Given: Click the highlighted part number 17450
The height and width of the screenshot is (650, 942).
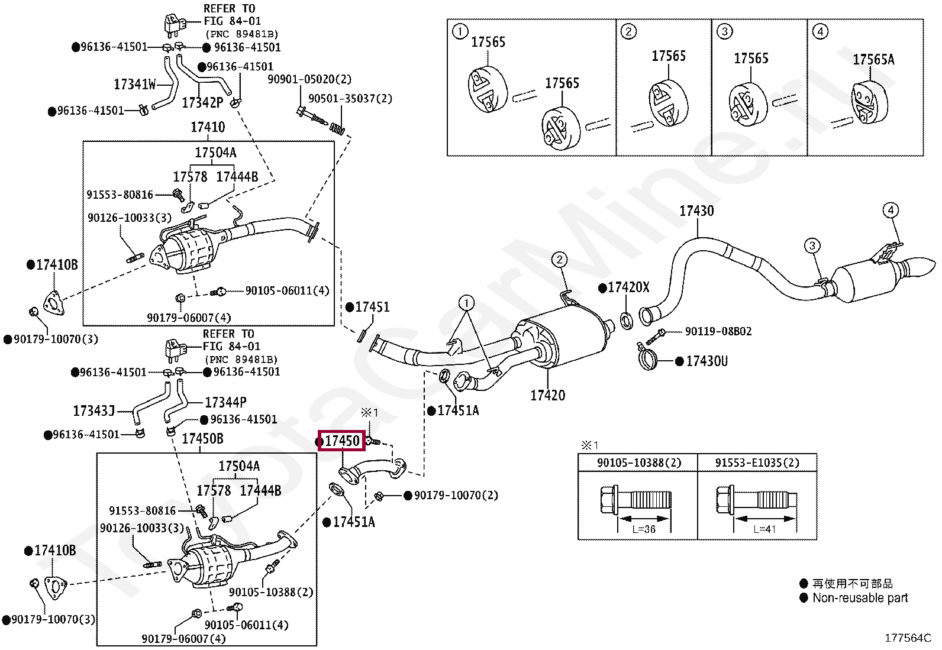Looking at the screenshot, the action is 343,441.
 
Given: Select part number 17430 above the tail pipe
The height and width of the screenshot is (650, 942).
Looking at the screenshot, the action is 696,211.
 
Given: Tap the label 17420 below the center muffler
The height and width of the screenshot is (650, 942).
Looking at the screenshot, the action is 547,395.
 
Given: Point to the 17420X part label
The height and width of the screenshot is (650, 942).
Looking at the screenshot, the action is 628,287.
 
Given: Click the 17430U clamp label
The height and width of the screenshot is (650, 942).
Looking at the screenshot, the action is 707,361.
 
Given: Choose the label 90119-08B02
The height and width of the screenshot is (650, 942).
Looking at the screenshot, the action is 718,331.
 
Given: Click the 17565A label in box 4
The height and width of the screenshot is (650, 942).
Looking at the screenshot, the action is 873,59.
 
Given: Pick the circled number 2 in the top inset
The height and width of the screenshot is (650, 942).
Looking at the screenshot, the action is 628,31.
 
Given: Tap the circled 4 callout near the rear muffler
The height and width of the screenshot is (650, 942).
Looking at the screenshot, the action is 891,210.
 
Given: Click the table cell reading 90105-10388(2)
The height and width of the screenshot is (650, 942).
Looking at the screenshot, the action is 639,463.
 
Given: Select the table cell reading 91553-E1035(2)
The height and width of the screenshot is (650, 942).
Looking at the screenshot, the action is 757,463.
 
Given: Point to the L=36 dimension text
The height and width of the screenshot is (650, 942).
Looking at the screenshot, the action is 644,529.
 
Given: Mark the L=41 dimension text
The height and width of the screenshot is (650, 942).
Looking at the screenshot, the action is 764,529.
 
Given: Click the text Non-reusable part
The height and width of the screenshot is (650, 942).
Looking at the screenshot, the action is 860,597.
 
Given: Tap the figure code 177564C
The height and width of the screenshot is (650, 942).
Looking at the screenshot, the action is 908,638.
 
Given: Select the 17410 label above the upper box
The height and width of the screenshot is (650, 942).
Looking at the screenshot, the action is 208,127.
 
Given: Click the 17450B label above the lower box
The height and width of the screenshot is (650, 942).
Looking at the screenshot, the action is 202,439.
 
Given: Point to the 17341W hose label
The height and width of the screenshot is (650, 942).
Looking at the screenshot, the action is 135,85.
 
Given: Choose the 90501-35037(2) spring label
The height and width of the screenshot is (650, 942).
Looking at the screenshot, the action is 350,99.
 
